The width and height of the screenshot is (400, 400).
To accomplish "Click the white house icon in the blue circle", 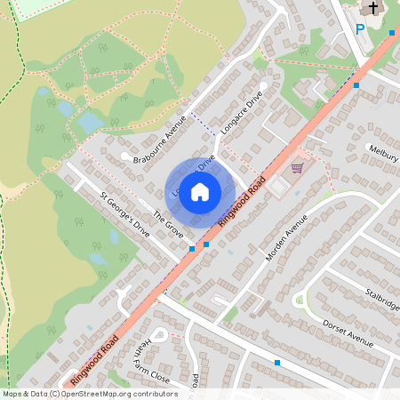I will coord(200,191).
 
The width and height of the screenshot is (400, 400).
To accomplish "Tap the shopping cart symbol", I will coord(297,167).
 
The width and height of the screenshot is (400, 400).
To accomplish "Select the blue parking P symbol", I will coord(360,29).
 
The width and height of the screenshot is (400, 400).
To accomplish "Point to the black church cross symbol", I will coord(373,9).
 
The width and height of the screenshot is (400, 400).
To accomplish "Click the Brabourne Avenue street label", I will coord(159,140).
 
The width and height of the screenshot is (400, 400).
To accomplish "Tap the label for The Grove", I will coord(168,223).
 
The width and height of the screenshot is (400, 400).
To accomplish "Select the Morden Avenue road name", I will coord(286,237).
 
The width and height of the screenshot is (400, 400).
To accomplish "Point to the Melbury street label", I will coord(382,152).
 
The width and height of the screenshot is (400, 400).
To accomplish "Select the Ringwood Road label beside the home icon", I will coord(247,200).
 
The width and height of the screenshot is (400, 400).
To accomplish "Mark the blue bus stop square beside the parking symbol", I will coord(392,33).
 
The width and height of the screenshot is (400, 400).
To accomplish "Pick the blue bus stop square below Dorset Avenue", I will coord(277,363).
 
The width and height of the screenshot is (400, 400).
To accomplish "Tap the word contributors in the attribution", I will coord(150,393).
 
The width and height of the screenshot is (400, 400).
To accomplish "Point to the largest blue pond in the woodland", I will coord(91,121).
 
